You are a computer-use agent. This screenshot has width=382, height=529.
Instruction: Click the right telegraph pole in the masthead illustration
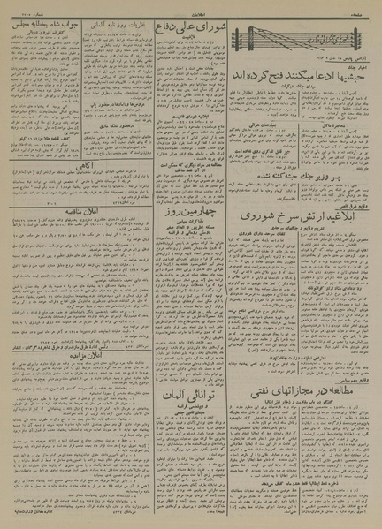pos(351,40)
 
